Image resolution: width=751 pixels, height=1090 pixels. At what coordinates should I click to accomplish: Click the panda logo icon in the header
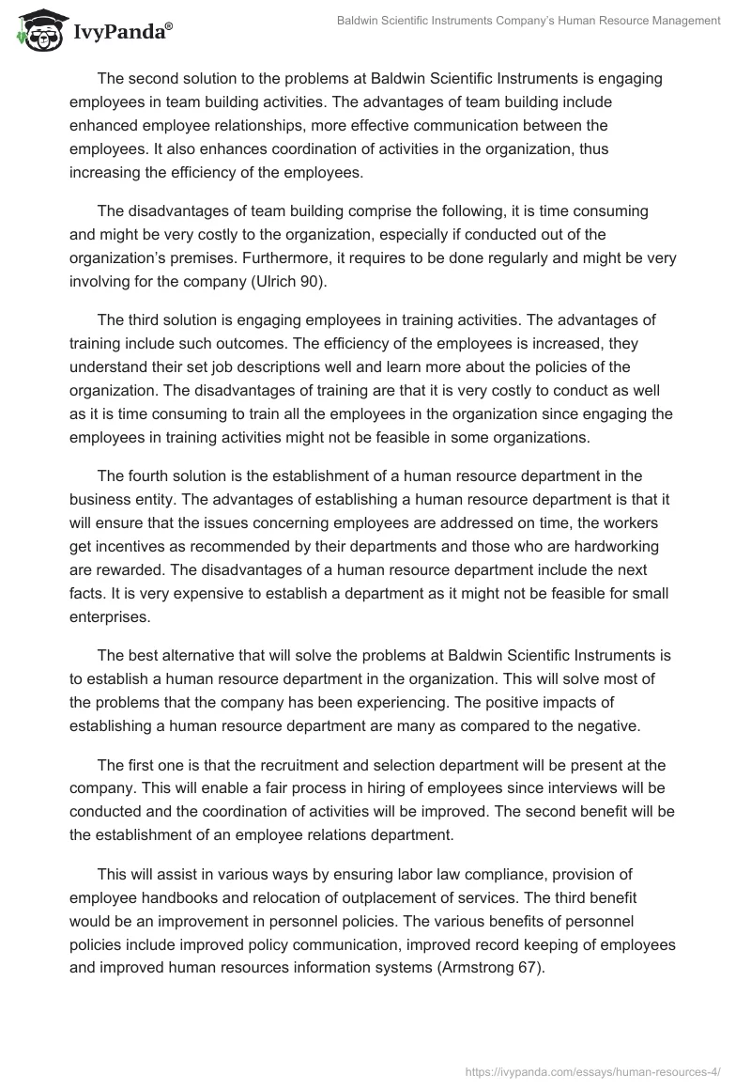coord(37,31)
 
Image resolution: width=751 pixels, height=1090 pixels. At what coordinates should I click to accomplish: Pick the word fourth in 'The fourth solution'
coord(153,476)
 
